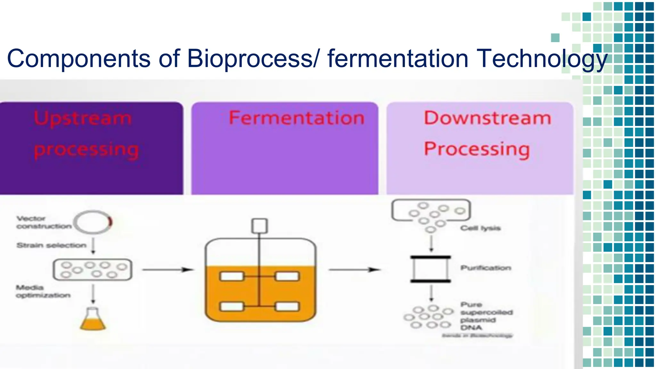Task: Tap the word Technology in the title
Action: coord(541,59)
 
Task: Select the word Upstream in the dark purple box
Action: coord(83,119)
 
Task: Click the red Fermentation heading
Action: coord(297,118)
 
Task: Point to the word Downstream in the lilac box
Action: coord(488,118)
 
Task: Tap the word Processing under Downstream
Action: coord(477,149)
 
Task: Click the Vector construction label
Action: coord(44,222)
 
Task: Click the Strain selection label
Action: coord(52,245)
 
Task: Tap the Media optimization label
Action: coord(43,291)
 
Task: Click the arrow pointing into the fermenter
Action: coord(168,270)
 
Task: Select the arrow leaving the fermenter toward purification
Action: coord(354,270)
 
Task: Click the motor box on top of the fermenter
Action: coord(259,226)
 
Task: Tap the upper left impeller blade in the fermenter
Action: coord(232,276)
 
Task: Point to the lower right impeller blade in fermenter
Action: coord(287,307)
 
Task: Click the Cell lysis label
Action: coord(480,228)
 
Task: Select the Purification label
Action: coord(486,268)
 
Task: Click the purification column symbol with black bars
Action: coord(430,269)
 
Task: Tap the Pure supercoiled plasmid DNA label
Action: coord(486,316)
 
